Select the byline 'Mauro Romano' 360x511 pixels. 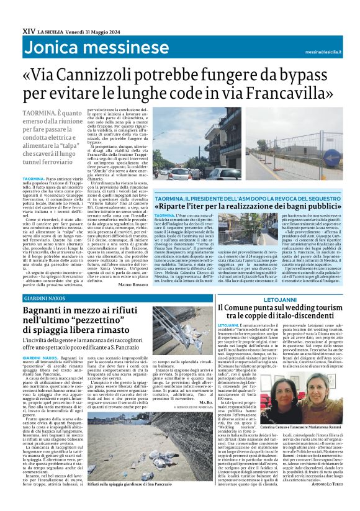coord(132,267)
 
